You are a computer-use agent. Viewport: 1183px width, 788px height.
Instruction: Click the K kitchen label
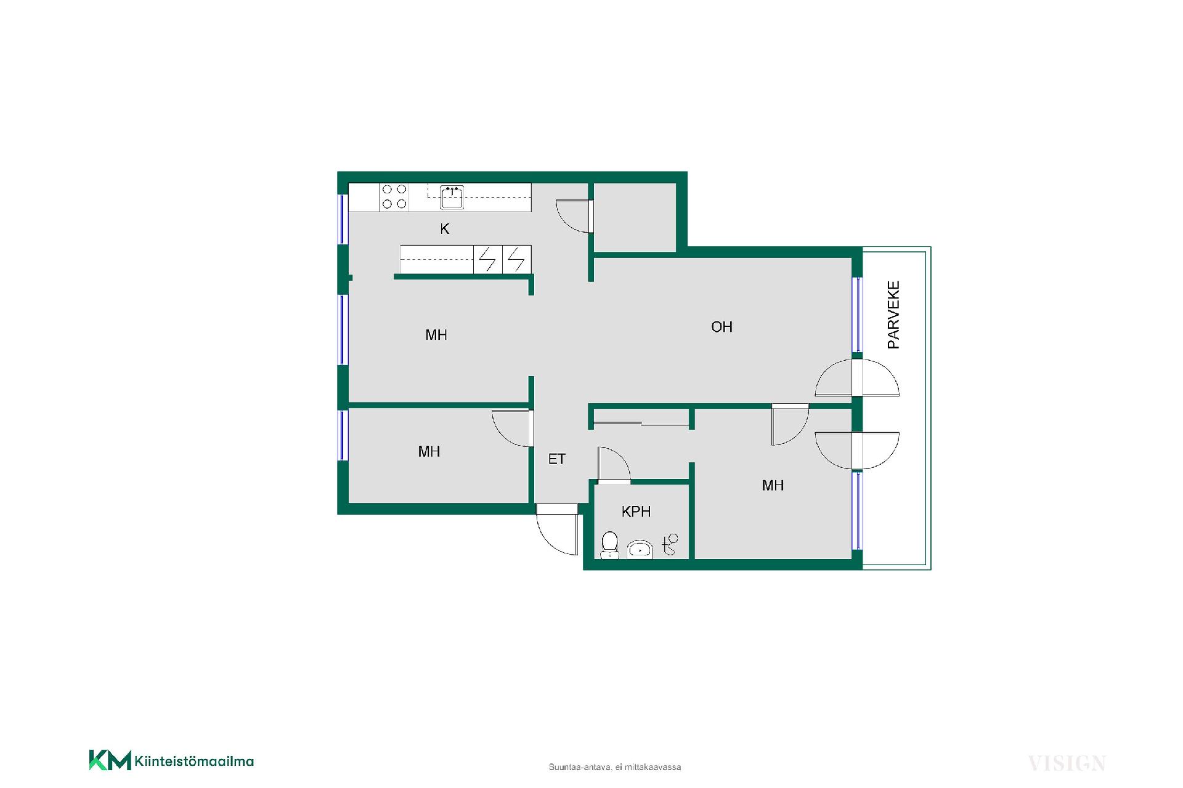(x=444, y=229)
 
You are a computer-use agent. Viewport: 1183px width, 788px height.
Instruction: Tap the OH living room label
(x=722, y=327)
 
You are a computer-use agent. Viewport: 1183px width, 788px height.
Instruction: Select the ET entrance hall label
(x=556, y=459)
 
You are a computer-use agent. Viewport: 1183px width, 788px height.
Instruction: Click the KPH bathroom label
(x=636, y=512)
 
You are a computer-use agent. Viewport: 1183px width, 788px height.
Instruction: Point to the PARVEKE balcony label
(x=893, y=315)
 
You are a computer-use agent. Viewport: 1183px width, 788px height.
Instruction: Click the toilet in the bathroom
(x=609, y=545)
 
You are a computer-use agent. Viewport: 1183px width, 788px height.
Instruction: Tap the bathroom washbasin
(x=640, y=549)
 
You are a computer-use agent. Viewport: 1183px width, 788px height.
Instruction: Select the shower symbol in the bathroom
(x=670, y=544)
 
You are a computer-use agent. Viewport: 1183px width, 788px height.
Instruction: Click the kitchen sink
(x=452, y=197)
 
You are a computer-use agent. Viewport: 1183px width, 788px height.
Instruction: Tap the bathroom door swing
(x=614, y=463)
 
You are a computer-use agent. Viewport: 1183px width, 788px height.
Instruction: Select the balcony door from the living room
(x=856, y=378)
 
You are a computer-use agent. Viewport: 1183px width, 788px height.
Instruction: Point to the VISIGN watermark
(x=1067, y=763)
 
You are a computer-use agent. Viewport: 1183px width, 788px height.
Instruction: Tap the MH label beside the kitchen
(x=436, y=335)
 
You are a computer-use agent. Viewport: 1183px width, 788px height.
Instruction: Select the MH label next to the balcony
(x=773, y=486)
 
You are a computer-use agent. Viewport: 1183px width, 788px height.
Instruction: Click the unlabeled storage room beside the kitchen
(x=635, y=217)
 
